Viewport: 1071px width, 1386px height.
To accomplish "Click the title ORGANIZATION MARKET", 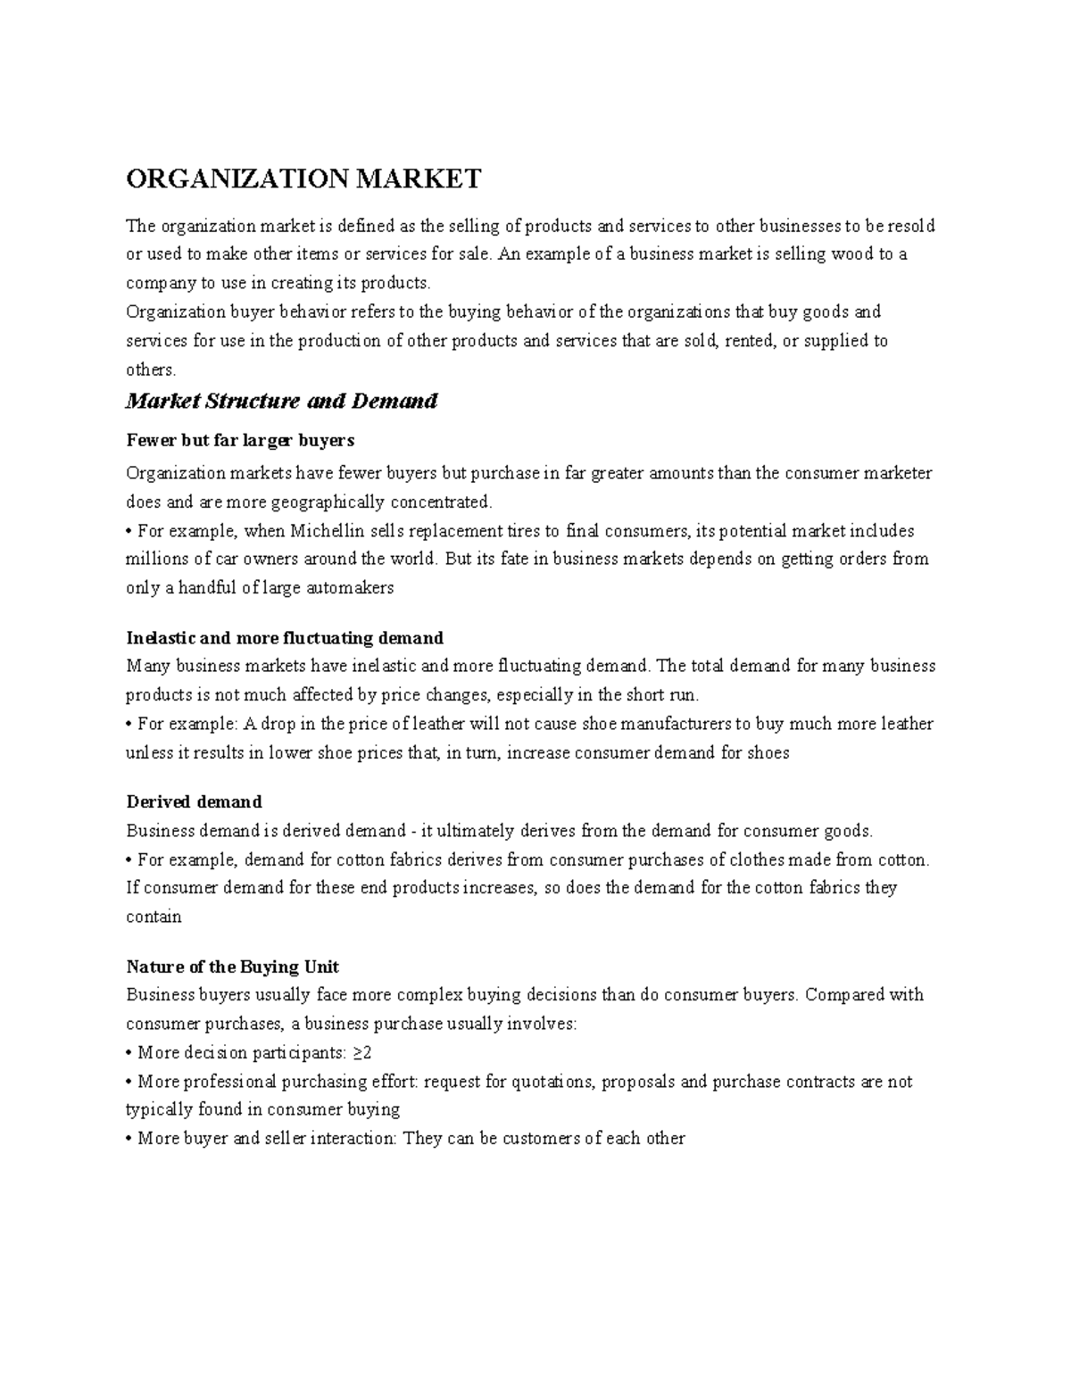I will click(x=303, y=179).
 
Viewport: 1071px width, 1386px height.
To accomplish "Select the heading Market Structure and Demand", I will click(x=281, y=401).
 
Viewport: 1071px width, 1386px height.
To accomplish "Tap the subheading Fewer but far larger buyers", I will click(x=240, y=440).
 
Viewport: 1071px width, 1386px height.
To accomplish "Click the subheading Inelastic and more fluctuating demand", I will click(x=285, y=638).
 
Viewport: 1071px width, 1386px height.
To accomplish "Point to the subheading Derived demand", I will click(x=194, y=801).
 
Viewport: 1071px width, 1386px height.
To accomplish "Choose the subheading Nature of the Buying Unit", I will click(x=232, y=967).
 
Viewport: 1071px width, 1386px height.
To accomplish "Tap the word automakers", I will click(x=350, y=588).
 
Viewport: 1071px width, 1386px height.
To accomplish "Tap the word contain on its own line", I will click(x=154, y=917).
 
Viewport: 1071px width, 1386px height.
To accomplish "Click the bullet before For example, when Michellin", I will click(x=129, y=532).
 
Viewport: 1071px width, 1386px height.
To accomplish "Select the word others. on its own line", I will click(x=151, y=369).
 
